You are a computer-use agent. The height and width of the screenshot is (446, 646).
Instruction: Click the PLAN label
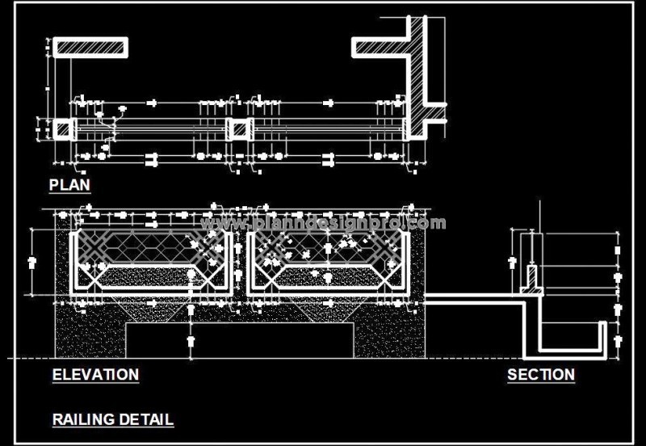coord(69,185)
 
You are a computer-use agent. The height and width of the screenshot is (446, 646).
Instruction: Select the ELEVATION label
coord(95,375)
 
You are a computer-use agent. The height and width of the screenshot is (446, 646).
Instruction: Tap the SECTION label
coord(540,375)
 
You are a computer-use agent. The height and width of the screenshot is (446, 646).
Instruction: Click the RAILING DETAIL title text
coord(112,420)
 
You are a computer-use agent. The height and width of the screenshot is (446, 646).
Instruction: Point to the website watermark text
coord(323,223)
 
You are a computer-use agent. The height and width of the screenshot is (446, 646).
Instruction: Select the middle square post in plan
coord(238,129)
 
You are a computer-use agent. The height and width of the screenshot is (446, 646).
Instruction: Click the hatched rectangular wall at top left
coord(89,47)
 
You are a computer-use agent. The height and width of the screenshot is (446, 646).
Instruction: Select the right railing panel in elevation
coord(327,263)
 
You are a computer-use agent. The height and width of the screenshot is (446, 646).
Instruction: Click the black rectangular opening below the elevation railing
coord(240,339)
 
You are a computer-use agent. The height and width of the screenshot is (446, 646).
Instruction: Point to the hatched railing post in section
coord(532,278)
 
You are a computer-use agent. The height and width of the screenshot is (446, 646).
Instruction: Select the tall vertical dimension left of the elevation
coord(32,263)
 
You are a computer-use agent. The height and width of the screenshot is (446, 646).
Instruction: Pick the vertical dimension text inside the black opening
coord(191,340)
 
